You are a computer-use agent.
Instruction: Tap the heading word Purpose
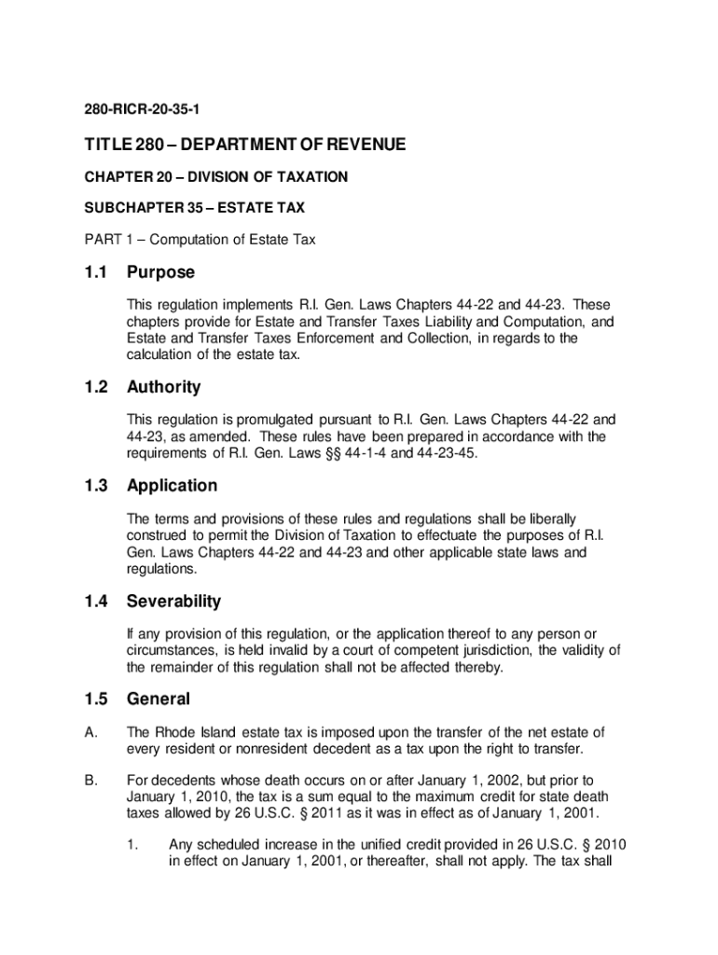[161, 272]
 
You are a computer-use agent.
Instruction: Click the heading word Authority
[163, 387]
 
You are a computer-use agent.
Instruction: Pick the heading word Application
[172, 486]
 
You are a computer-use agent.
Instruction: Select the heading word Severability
[173, 602]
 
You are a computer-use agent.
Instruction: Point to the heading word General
[159, 699]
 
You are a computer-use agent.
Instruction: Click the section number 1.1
[95, 272]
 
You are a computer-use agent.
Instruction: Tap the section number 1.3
[95, 486]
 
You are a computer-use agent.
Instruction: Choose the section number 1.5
[95, 699]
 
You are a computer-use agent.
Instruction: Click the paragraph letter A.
[90, 732]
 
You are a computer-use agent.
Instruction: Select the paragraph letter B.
[90, 780]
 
